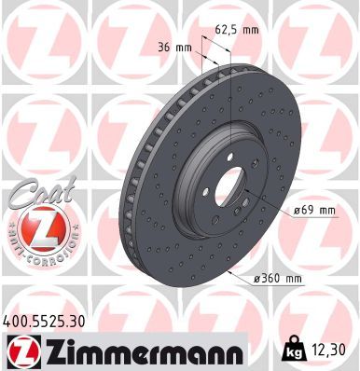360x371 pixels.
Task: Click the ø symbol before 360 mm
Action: (x=257, y=279)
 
